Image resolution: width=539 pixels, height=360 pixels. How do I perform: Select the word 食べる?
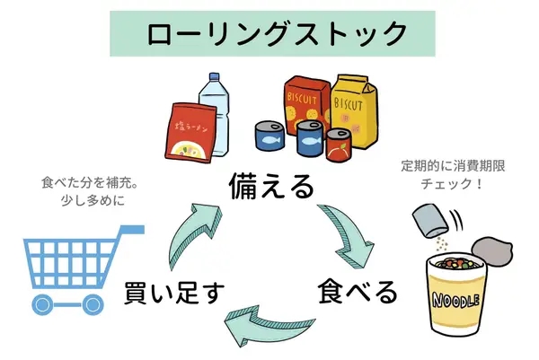pyautogui.click(x=357, y=292)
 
